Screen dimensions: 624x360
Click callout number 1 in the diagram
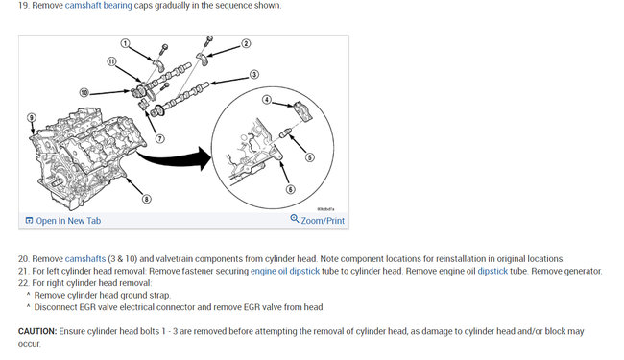(x=126, y=43)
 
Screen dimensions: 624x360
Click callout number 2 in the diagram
(x=246, y=43)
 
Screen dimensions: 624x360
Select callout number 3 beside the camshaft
(x=253, y=74)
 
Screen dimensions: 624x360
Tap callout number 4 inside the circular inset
(x=267, y=100)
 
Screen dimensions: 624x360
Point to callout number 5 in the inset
(x=310, y=157)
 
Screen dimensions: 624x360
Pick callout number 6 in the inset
(x=291, y=189)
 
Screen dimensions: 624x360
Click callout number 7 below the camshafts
(x=160, y=138)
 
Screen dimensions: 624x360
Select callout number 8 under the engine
(x=147, y=199)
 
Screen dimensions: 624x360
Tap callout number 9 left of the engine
(x=32, y=118)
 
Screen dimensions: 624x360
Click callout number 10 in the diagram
(x=84, y=93)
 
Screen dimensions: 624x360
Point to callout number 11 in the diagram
(x=111, y=61)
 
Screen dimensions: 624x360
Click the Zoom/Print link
(x=323, y=221)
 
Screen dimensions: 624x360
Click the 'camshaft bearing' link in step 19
(x=98, y=6)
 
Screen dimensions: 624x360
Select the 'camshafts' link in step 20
(x=85, y=259)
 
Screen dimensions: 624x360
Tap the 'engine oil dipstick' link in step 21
(x=285, y=272)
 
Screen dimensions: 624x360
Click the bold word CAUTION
(x=37, y=331)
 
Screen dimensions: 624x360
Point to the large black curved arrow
(x=174, y=158)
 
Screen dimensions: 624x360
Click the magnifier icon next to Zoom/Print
(x=295, y=219)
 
